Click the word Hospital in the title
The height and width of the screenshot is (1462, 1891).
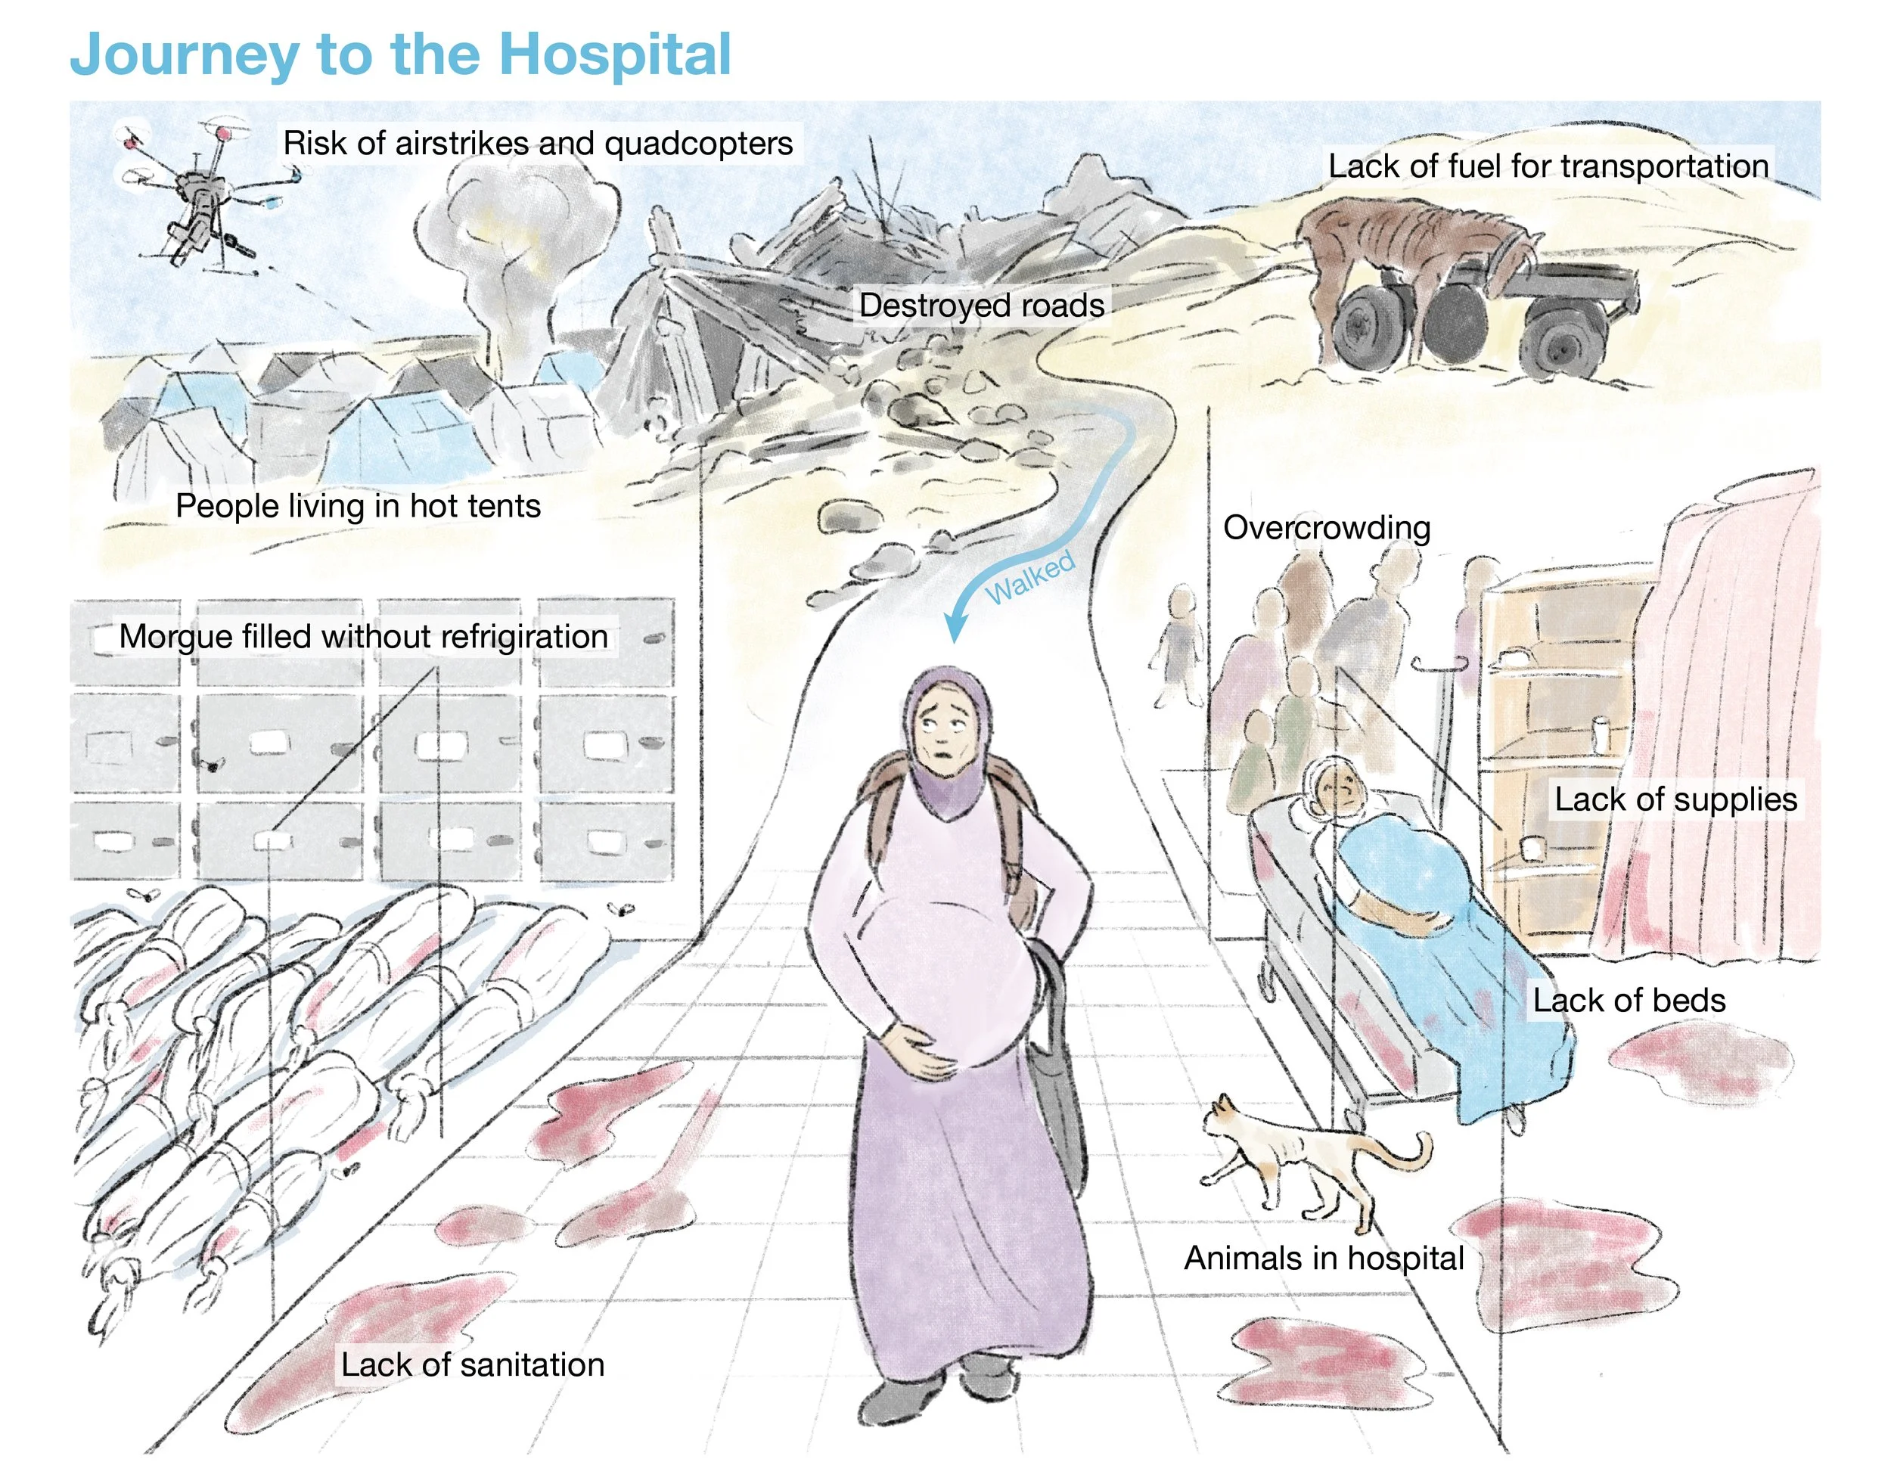pyautogui.click(x=615, y=54)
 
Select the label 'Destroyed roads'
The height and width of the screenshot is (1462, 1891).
pyautogui.click(x=981, y=306)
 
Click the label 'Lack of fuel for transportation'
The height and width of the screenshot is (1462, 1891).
pyautogui.click(x=1548, y=166)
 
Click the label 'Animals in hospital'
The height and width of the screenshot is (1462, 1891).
pyautogui.click(x=1323, y=1258)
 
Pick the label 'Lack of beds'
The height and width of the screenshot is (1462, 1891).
pyautogui.click(x=1629, y=1000)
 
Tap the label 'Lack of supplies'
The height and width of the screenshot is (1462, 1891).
pyautogui.click(x=1675, y=799)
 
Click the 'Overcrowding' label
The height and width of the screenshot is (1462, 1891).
pyautogui.click(x=1326, y=527)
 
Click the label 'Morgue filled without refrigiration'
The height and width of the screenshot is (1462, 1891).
pyautogui.click(x=363, y=636)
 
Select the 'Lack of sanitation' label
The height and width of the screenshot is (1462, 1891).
pyautogui.click(x=472, y=1364)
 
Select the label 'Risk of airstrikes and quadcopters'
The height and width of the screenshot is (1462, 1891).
pyautogui.click(x=538, y=143)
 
